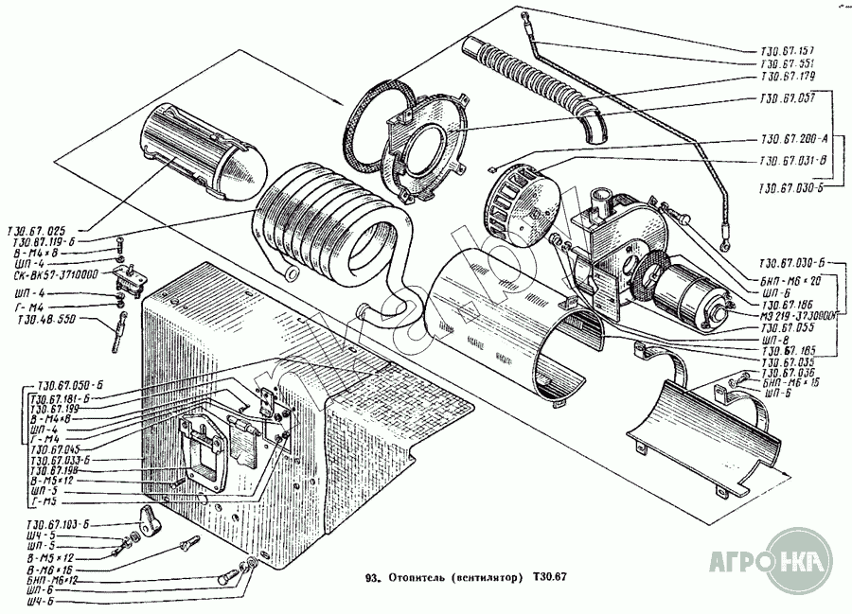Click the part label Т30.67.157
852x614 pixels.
pos(788,48)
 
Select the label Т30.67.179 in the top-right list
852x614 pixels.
pos(788,75)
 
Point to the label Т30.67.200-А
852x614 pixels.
pos(792,138)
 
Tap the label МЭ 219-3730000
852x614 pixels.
pos(792,316)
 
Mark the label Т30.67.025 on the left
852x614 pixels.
pos(37,230)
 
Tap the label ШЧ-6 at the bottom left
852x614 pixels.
pos(37,601)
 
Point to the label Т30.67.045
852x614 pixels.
pos(56,449)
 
